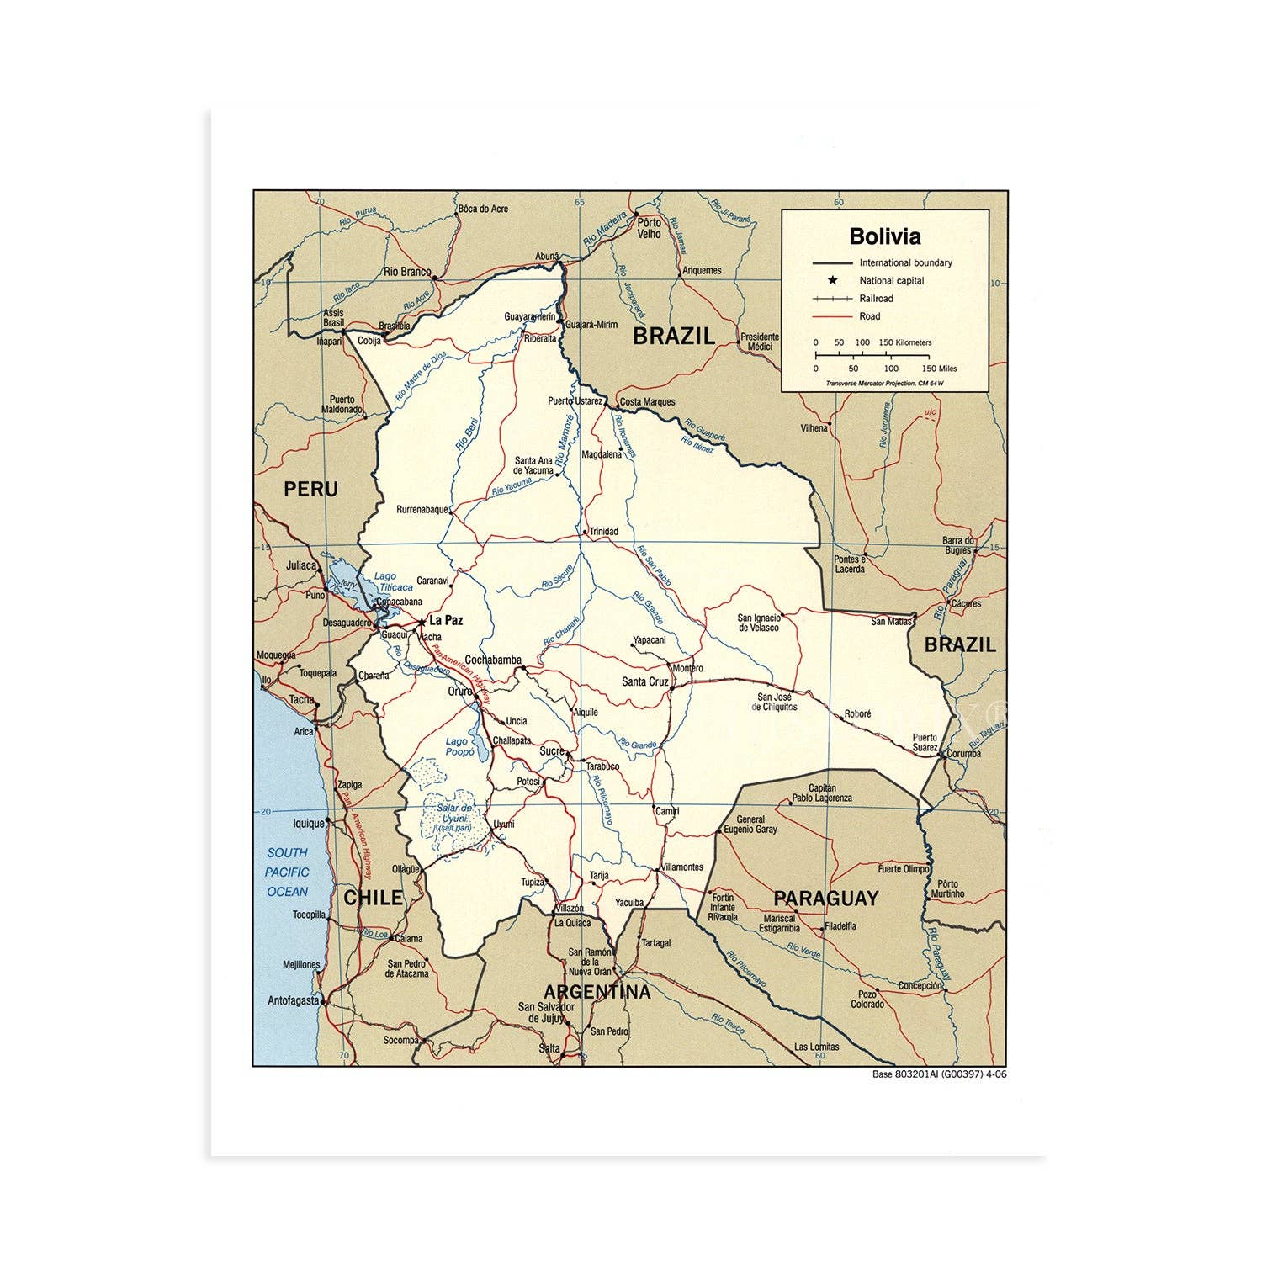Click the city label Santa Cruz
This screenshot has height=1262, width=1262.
click(645, 681)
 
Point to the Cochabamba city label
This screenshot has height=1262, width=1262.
click(493, 660)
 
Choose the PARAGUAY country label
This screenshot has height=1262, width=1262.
click(825, 899)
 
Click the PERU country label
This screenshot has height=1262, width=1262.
click(310, 489)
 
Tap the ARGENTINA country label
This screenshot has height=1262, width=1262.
click(597, 992)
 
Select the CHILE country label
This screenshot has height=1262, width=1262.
click(374, 898)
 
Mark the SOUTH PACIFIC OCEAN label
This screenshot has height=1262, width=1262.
click(287, 872)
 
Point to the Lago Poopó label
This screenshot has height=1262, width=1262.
click(459, 747)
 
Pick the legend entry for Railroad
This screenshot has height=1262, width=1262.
click(876, 299)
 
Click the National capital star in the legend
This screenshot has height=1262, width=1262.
click(832, 280)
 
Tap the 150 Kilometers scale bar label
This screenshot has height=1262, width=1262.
click(904, 342)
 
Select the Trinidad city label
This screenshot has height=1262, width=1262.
click(603, 532)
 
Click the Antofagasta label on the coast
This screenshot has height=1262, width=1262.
click(293, 1000)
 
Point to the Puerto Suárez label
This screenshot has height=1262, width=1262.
click(925, 742)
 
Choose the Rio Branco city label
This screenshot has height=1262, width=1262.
click(406, 272)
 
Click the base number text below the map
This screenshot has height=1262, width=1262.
click(939, 1074)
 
